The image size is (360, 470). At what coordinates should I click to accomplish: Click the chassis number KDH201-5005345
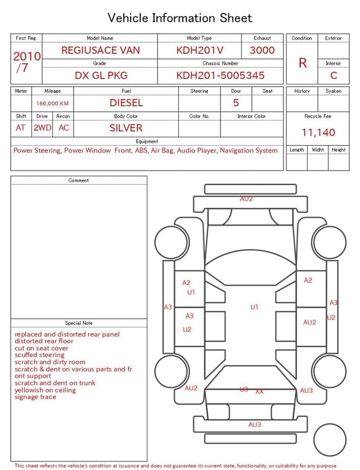coord(220,75)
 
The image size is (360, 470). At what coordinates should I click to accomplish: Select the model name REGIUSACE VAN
coord(101,50)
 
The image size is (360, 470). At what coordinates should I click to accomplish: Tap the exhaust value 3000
coord(262,50)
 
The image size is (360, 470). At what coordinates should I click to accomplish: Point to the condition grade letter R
coord(303,63)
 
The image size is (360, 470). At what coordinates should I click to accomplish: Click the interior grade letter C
coord(334,75)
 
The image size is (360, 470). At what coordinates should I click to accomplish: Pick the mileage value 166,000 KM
coord(52,104)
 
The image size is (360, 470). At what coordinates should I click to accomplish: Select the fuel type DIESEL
coord(126,103)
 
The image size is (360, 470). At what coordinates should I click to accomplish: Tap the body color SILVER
coord(126,128)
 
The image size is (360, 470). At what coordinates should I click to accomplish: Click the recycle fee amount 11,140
coord(318,132)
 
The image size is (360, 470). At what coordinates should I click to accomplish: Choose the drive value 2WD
coord(42,128)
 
